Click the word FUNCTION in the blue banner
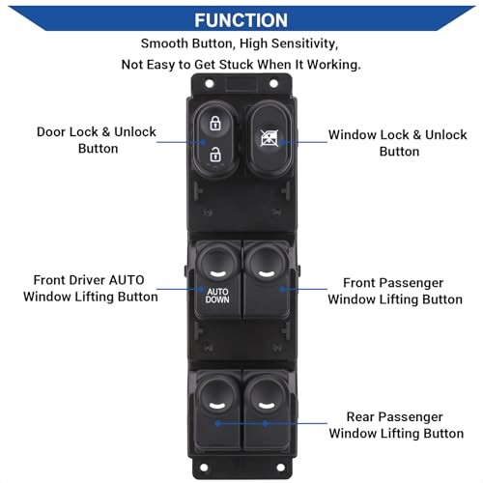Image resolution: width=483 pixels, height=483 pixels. (x=241, y=20)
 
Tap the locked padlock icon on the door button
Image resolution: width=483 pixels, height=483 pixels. (x=215, y=123)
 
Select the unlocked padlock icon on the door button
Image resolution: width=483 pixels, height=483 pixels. (x=215, y=154)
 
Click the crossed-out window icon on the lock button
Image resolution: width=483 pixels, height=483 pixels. (x=270, y=138)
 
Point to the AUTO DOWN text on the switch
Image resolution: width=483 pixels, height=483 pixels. (x=217, y=296)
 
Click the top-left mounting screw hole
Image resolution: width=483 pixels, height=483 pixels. (x=210, y=84)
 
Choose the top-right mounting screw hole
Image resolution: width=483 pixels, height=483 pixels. (x=273, y=84)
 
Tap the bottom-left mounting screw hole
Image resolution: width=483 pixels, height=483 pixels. (x=204, y=467)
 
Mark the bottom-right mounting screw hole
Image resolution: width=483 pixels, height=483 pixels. (x=280, y=467)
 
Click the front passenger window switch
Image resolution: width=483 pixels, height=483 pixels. (x=267, y=279)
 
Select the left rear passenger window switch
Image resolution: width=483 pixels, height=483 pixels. (x=217, y=410)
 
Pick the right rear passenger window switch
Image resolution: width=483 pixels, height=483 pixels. (x=267, y=410)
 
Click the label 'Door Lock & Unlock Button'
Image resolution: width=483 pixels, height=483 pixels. (x=97, y=140)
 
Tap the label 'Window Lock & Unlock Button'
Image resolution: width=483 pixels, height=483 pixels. (x=398, y=143)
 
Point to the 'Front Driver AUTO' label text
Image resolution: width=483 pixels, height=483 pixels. (x=89, y=280)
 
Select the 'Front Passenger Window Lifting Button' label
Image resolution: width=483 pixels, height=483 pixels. (x=395, y=291)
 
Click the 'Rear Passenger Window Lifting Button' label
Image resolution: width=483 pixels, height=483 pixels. (x=396, y=425)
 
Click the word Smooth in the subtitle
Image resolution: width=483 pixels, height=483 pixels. (x=164, y=43)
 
